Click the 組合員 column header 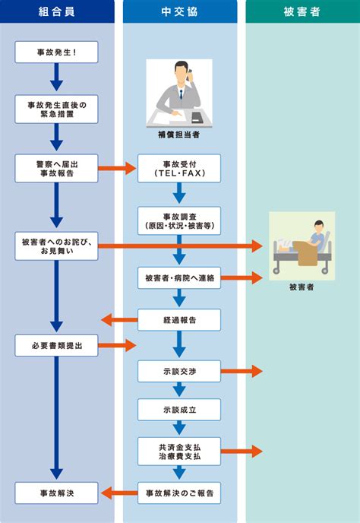(x=57, y=11)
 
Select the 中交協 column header (x=180, y=11)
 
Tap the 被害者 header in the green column (x=302, y=11)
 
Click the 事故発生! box (x=56, y=52)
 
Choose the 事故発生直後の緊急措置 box (x=56, y=109)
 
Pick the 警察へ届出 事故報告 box (x=56, y=168)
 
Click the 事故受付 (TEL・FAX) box (x=179, y=168)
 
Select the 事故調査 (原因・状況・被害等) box (x=179, y=220)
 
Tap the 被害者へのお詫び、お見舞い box (x=56, y=246)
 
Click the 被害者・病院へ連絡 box (x=179, y=278)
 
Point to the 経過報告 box (x=179, y=320)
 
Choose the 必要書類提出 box (x=56, y=346)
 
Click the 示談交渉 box (x=179, y=371)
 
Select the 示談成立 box (x=179, y=410)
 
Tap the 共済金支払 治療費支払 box (x=179, y=452)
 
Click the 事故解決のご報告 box (x=179, y=493)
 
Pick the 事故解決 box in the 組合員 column (x=56, y=493)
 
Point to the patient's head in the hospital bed (x=319, y=226)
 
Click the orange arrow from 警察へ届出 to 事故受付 (x=117, y=168)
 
